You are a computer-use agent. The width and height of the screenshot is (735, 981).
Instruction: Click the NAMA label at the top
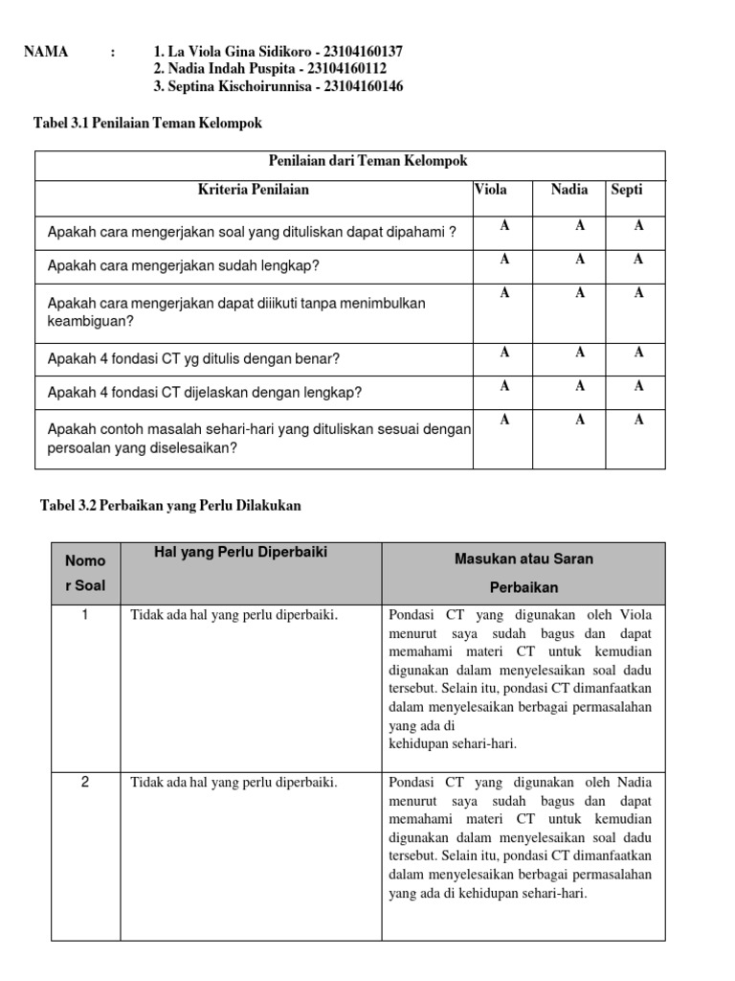46,52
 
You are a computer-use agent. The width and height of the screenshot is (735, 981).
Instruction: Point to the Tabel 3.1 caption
147,124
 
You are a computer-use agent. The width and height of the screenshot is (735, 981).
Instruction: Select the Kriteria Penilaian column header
253,190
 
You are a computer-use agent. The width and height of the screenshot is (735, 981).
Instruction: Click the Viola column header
491,190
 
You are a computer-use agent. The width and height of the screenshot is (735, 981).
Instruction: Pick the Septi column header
627,190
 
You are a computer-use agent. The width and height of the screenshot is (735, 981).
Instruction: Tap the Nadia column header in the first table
569,190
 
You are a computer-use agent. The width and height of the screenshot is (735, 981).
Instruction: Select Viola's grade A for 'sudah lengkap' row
504,260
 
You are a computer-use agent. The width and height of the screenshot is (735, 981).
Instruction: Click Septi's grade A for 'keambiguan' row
638,293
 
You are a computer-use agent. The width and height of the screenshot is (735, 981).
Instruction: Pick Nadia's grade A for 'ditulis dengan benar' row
580,353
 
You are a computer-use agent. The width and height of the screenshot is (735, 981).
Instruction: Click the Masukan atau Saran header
523,559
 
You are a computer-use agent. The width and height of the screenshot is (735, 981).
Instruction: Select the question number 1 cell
85,615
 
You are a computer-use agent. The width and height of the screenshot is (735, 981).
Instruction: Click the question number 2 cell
85,783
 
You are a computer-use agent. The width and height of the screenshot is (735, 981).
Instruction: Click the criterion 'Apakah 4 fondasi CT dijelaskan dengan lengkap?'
205,393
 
